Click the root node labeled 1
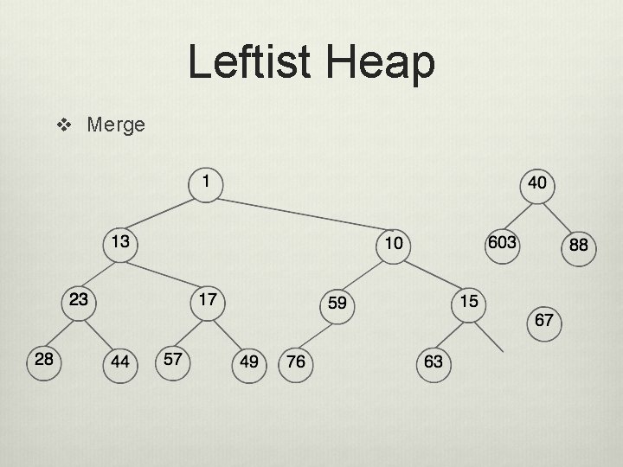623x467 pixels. pyautogui.click(x=205, y=182)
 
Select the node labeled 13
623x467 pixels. pyautogui.click(x=120, y=243)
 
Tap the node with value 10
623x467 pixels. pyautogui.click(x=394, y=244)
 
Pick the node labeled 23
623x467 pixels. pyautogui.click(x=79, y=302)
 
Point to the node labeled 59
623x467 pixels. pyautogui.click(x=337, y=304)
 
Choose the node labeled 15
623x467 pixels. pyautogui.click(x=468, y=303)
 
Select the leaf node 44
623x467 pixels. pyautogui.click(x=120, y=361)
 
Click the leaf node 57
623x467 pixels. pyautogui.click(x=172, y=361)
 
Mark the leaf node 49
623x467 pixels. pyautogui.click(x=249, y=361)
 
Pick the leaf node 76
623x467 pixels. pyautogui.click(x=296, y=361)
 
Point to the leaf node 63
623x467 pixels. pyautogui.click(x=434, y=361)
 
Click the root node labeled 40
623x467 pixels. pyautogui.click(x=536, y=184)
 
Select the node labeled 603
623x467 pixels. pyautogui.click(x=502, y=243)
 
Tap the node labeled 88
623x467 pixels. pyautogui.click(x=578, y=245)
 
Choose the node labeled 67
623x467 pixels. pyautogui.click(x=544, y=321)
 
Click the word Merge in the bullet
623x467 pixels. pyautogui.click(x=116, y=125)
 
